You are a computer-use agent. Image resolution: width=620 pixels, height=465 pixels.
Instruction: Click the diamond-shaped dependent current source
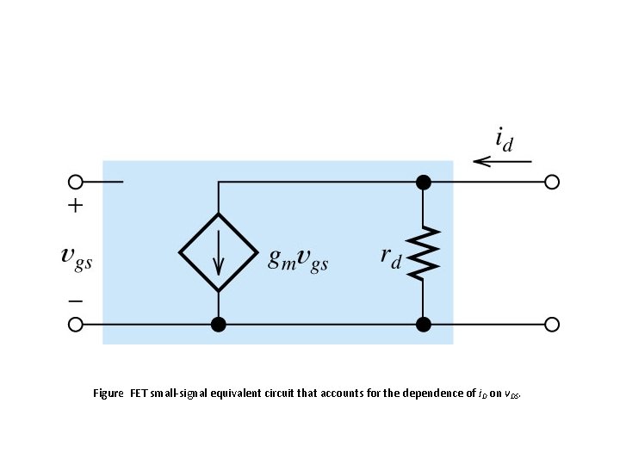(219, 253)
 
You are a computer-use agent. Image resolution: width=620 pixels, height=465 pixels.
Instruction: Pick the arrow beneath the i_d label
(502, 161)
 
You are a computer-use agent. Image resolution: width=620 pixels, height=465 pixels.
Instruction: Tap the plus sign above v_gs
(76, 206)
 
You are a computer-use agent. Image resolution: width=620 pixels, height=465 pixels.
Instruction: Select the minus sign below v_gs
(76, 301)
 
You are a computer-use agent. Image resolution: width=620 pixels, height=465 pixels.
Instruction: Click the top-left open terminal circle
(76, 182)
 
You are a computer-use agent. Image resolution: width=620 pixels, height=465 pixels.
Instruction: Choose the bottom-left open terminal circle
(76, 325)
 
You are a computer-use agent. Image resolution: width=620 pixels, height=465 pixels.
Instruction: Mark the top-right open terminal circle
(552, 182)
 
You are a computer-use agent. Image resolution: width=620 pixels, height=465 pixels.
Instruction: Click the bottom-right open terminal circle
(552, 325)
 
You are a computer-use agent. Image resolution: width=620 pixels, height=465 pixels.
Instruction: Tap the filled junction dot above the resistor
(423, 182)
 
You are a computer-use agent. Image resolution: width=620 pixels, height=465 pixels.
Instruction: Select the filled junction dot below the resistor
(423, 325)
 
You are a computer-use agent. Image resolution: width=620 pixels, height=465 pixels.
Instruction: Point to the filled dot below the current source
(219, 325)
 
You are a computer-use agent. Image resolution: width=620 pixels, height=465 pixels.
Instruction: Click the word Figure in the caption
(108, 394)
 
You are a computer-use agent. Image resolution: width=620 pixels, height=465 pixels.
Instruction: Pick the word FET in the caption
(139, 394)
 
